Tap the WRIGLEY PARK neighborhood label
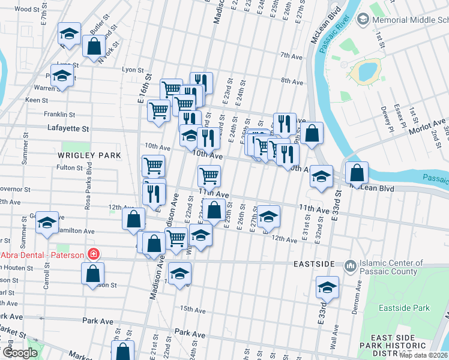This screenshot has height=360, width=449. pos(89,155)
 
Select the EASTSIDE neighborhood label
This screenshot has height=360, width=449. pos(313,264)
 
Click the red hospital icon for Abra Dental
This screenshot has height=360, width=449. pos(93,254)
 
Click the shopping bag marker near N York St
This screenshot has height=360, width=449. pos(94,46)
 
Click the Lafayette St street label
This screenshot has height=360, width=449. pos(68,128)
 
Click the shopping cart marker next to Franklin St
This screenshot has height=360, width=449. pos(158,111)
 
